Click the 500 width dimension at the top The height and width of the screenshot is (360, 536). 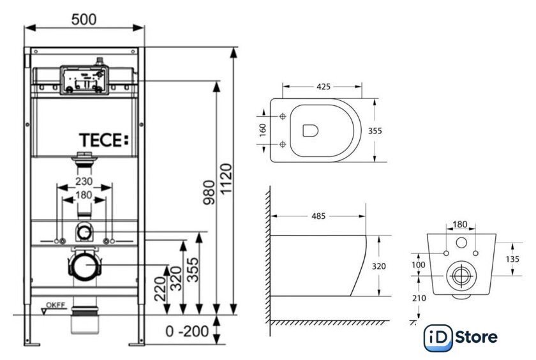pyautogui.click(x=84, y=19)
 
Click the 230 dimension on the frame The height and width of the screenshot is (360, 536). pyautogui.click(x=84, y=182)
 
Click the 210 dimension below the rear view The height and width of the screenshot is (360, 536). pyautogui.click(x=419, y=297)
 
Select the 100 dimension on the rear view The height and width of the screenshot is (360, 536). pyautogui.click(x=419, y=264)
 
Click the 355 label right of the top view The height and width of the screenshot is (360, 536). pyautogui.click(x=375, y=131)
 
